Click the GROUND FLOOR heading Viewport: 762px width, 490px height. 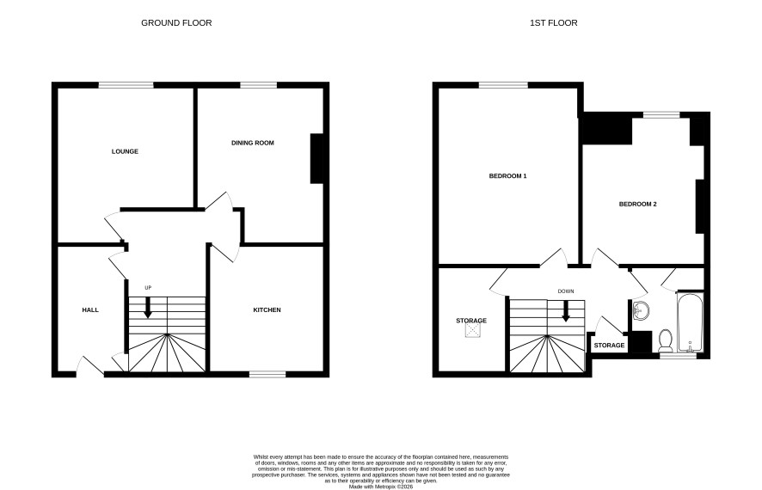[176, 23]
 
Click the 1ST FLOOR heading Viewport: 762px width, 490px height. [554, 23]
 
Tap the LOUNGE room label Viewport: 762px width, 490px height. [125, 151]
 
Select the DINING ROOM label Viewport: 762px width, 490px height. [253, 143]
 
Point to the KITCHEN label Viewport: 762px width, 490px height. [267, 309]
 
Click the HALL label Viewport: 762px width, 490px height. [90, 309]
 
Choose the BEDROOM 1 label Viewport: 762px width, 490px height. [507, 175]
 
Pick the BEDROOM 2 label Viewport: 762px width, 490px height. [637, 204]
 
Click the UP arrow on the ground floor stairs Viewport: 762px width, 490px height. [148, 307]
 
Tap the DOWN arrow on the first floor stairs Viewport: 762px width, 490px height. [566, 311]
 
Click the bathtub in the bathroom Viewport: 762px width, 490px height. [690, 322]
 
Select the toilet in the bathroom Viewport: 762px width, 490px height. [666, 340]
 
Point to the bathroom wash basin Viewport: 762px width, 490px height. [642, 311]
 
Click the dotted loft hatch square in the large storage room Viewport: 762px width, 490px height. [472, 330]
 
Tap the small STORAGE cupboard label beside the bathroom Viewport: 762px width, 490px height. [609, 346]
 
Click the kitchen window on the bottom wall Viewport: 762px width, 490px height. [267, 374]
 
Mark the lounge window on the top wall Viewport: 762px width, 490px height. [126, 85]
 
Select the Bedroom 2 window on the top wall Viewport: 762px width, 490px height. [661, 114]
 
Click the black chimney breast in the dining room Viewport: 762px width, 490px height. [316, 158]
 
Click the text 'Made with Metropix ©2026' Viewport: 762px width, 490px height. [381, 486]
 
